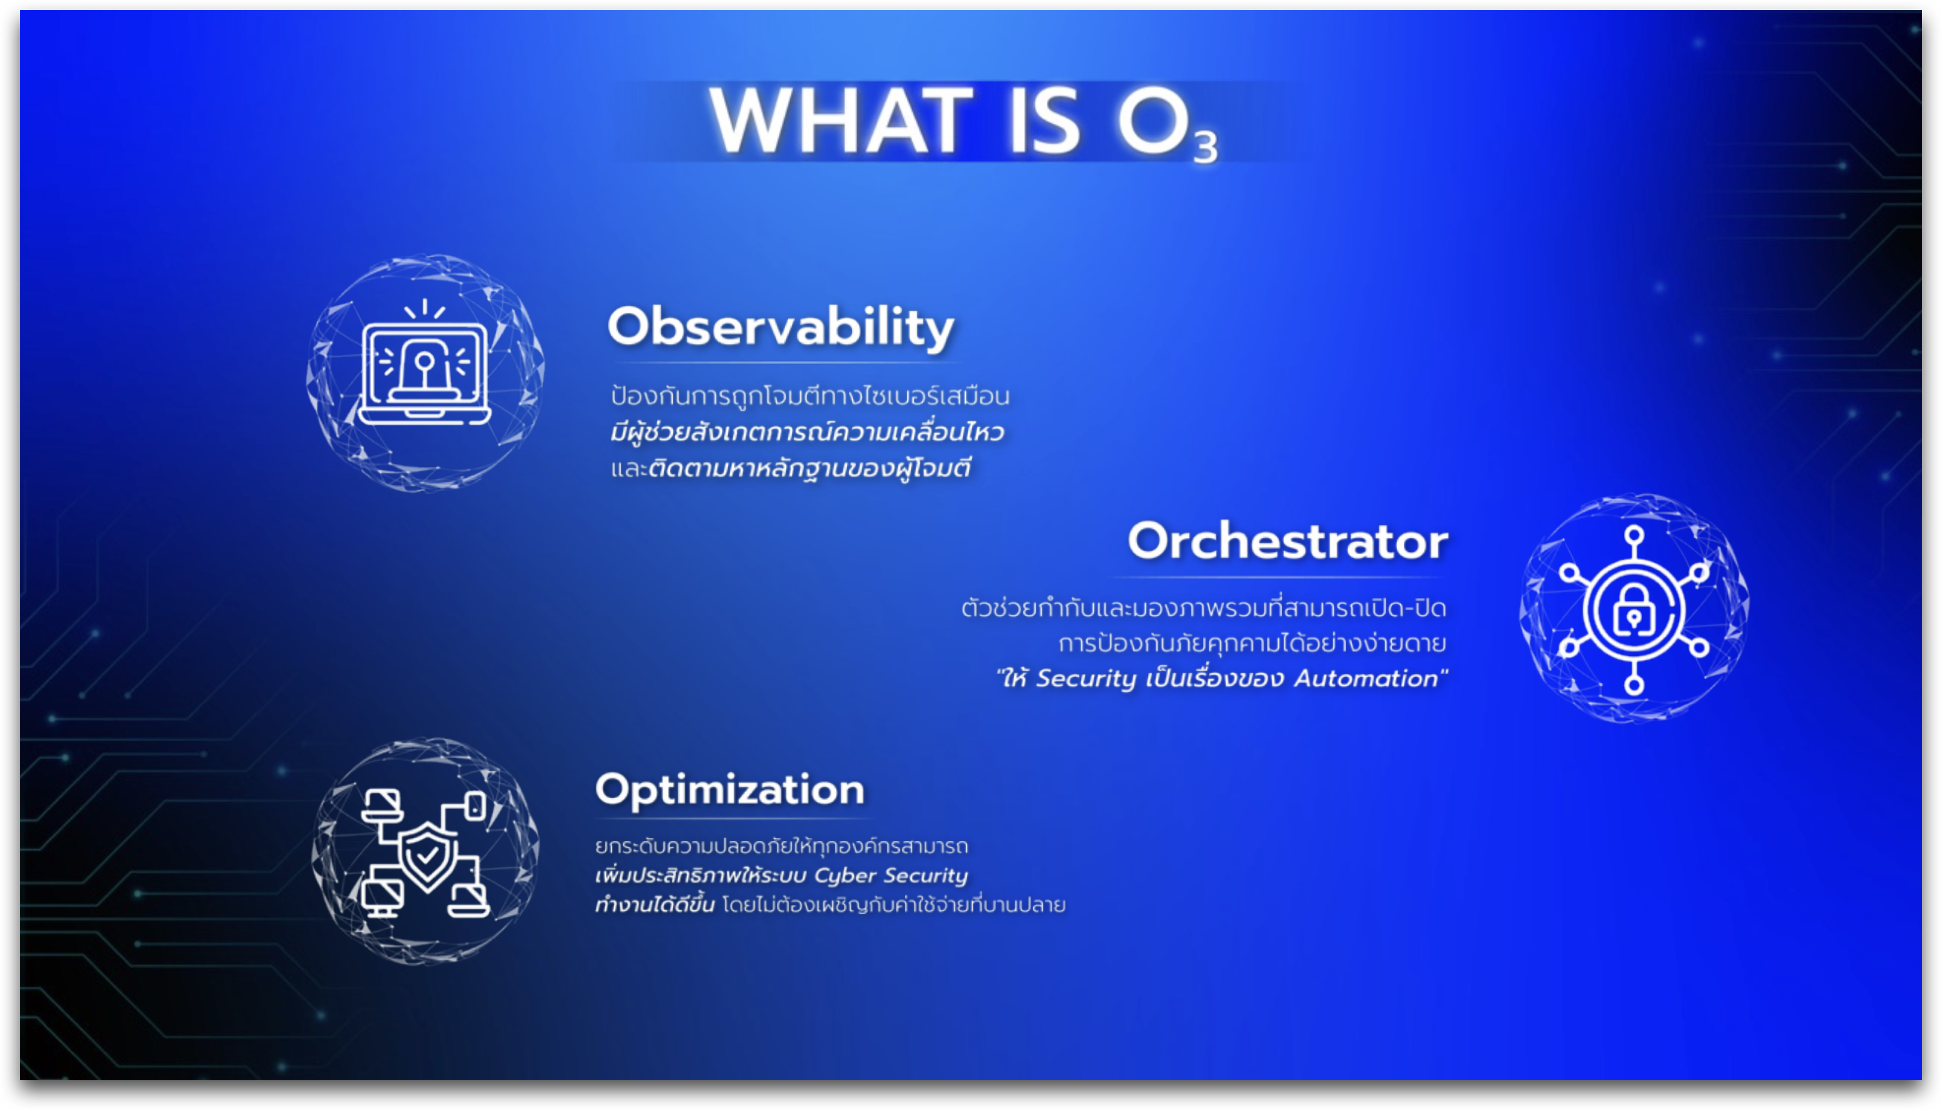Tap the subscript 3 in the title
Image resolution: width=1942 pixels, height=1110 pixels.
[x=1205, y=146]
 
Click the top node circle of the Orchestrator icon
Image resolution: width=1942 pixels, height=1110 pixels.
[x=1633, y=534]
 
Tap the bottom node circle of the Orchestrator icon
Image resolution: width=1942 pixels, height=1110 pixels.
[x=1633, y=685]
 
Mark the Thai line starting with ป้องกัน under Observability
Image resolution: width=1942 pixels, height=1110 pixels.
[x=810, y=395]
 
